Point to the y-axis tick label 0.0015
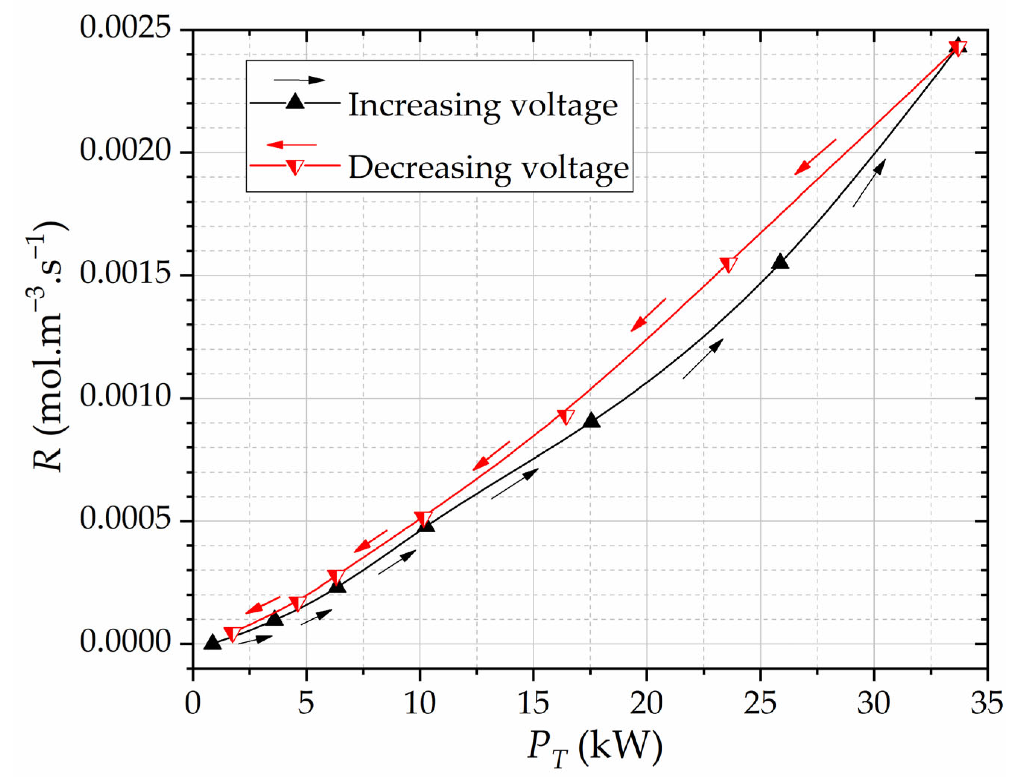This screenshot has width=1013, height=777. click(x=125, y=274)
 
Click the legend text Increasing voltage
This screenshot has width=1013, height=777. click(x=482, y=105)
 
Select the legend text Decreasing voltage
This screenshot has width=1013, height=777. click(x=488, y=167)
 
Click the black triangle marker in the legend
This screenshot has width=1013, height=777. click(x=295, y=101)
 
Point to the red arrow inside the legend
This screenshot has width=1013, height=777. click(x=291, y=145)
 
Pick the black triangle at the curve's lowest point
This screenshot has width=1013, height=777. click(x=212, y=642)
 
